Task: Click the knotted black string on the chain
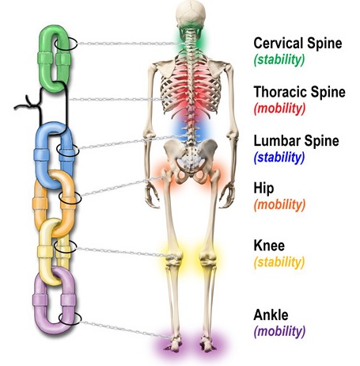(40, 105)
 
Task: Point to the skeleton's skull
(191, 14)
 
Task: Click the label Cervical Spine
(297, 43)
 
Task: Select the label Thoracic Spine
(300, 92)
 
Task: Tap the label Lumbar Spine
(297, 141)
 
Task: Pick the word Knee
(269, 246)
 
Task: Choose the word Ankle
(271, 315)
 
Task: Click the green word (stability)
(279, 59)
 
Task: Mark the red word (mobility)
(280, 109)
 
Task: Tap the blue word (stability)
(279, 158)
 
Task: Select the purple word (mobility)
(280, 332)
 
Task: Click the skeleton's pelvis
(191, 158)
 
